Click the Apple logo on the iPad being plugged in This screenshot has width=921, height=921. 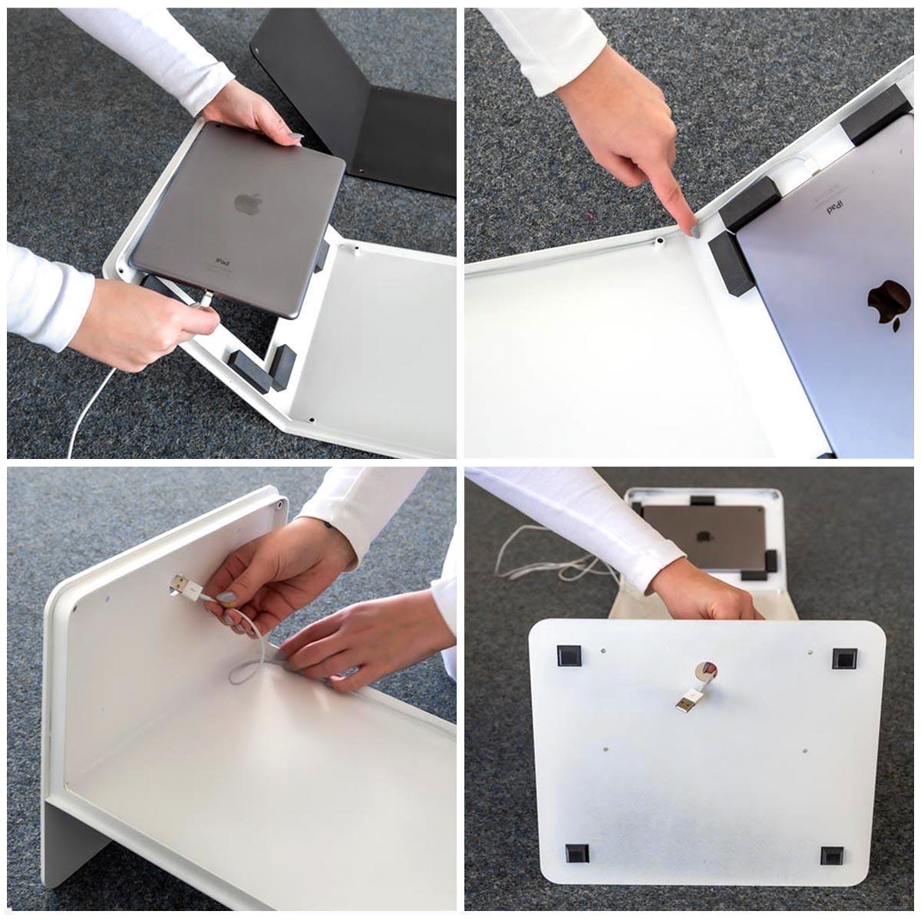248,203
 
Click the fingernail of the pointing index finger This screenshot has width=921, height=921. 693,229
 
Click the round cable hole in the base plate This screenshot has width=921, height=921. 707,670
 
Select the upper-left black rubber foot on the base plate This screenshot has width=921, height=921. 568,656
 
